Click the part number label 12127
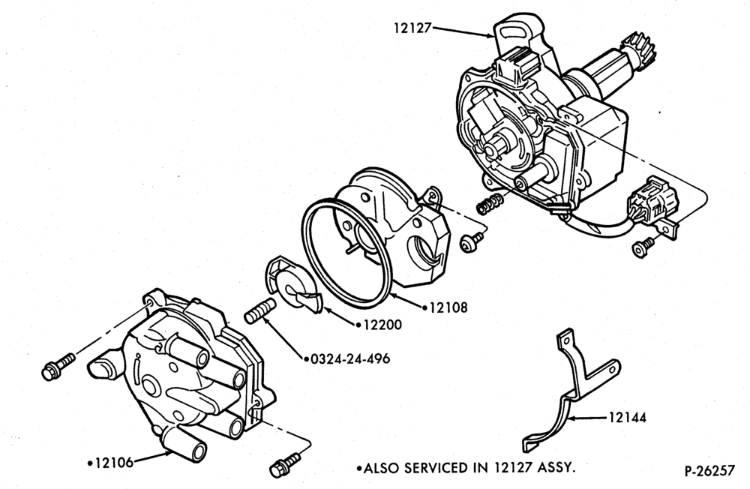tap(412, 28)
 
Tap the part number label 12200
tap(382, 325)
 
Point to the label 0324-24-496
tap(350, 358)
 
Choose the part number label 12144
tap(627, 418)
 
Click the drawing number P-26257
tap(709, 471)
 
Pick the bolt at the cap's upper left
tap(58, 367)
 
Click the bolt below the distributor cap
tap(285, 464)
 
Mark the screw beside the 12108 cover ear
tap(471, 241)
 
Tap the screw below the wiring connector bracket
tap(643, 247)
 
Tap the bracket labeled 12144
tap(572, 388)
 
